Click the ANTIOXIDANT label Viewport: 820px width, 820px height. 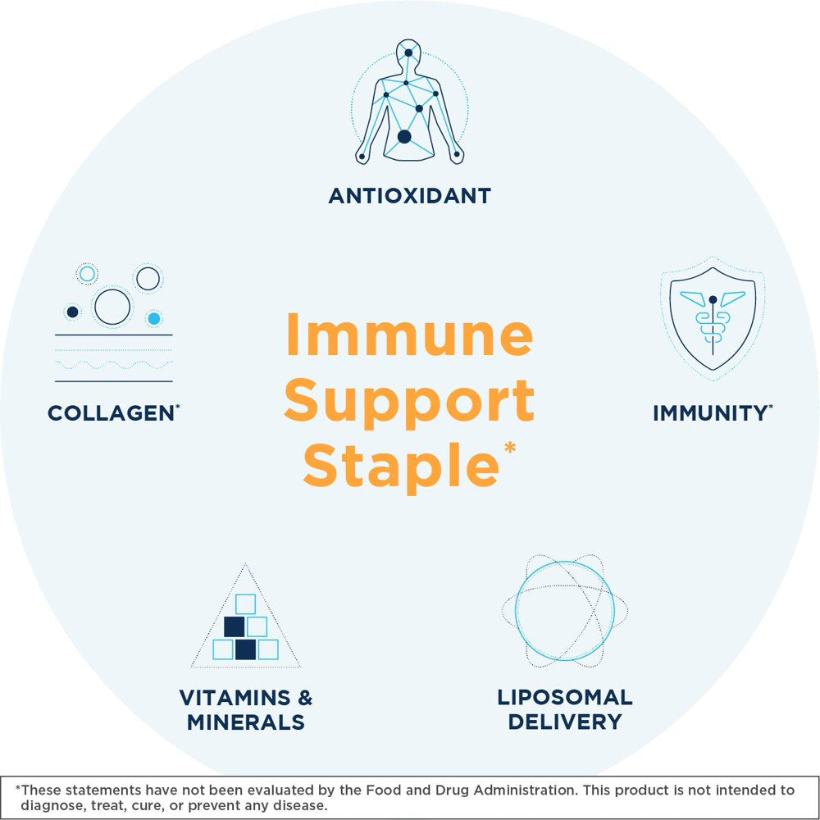coord(409,196)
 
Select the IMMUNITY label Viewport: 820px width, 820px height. coord(713,413)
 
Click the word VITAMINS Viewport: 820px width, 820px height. coord(235,698)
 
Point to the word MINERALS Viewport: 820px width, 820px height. coord(246,722)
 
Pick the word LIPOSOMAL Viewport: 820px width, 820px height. coord(565,697)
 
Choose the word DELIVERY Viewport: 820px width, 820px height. coord(565,722)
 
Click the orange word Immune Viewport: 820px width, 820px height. coord(409,335)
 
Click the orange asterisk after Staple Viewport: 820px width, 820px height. coord(510,448)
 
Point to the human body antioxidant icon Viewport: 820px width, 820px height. coord(409,102)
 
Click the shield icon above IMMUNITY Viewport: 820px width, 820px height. coord(713,318)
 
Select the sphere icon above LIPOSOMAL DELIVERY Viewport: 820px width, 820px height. coord(565,611)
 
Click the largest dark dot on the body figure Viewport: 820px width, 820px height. coord(404,137)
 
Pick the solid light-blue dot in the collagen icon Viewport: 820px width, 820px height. coord(154,318)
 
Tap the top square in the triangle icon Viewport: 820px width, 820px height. coord(245,604)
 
